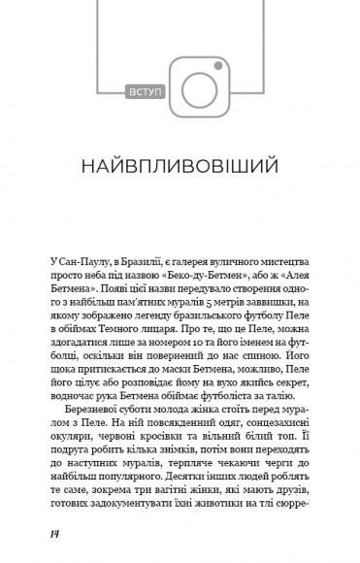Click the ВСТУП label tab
click(147, 92)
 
